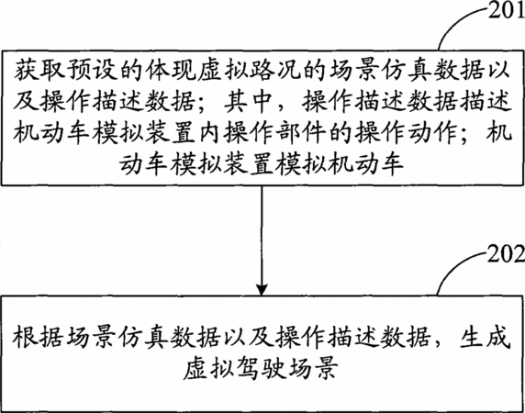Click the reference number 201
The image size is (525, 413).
click(x=507, y=10)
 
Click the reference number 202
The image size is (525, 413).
click(x=506, y=255)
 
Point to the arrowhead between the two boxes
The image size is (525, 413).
click(x=262, y=289)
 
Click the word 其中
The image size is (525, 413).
click(x=248, y=102)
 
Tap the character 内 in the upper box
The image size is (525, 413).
click(x=211, y=133)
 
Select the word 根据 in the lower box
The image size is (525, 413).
click(x=38, y=336)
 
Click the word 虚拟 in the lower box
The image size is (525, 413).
click(x=207, y=368)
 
